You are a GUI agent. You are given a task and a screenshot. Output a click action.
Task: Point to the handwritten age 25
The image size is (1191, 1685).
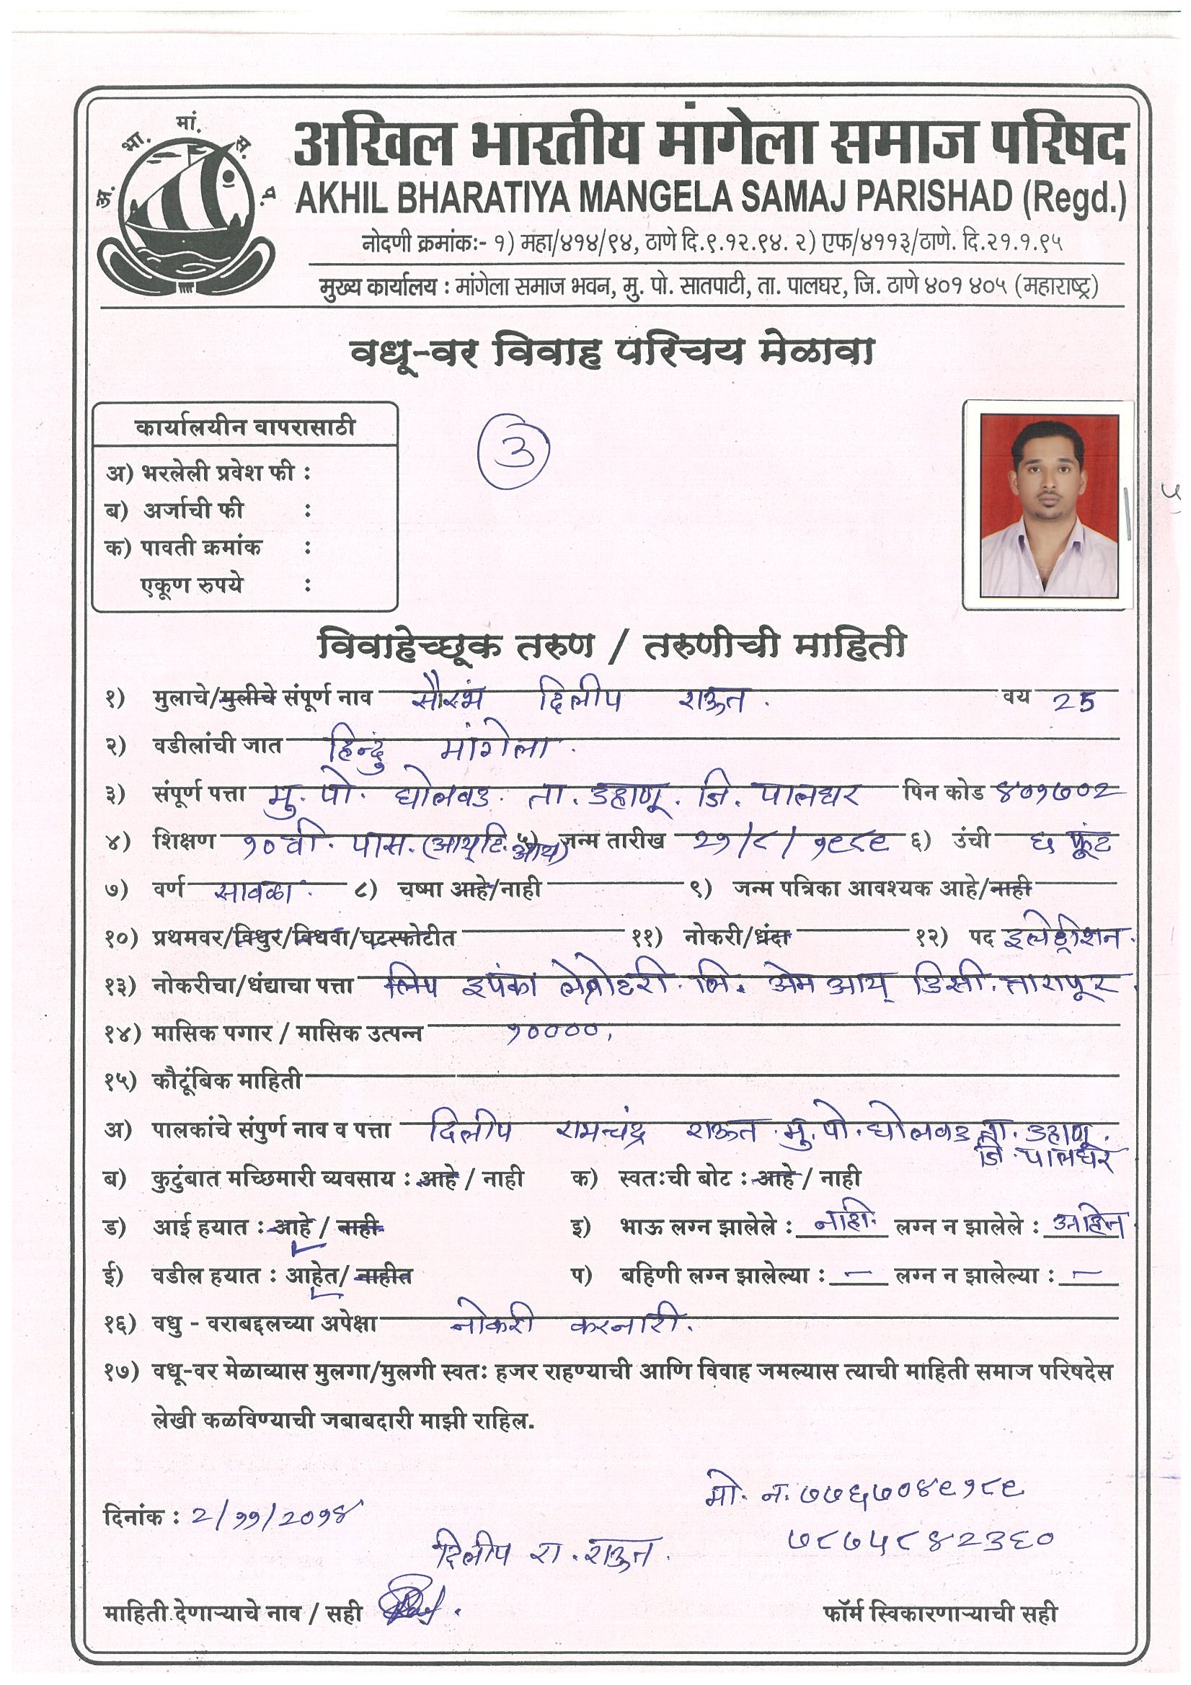point(1073,703)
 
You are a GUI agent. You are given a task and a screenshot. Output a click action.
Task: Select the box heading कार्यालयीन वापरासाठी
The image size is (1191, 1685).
point(245,427)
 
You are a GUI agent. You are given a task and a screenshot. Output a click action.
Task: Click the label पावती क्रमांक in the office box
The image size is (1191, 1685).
point(200,548)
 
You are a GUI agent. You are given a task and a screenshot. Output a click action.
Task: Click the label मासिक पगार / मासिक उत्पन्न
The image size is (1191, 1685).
point(287,1033)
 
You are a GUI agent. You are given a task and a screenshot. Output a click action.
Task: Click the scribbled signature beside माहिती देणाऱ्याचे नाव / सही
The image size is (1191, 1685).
point(408,1608)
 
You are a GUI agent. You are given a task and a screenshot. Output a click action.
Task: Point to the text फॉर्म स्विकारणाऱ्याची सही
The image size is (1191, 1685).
point(941,1613)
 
